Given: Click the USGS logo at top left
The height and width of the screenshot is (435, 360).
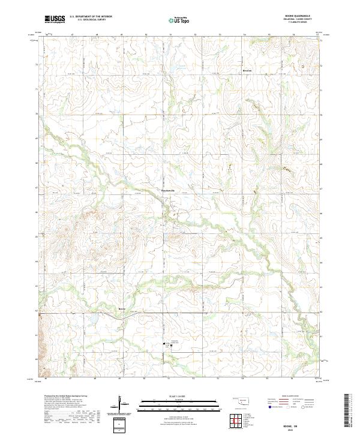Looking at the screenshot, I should (x=55, y=19).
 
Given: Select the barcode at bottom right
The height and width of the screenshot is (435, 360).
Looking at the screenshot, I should (x=349, y=413).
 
